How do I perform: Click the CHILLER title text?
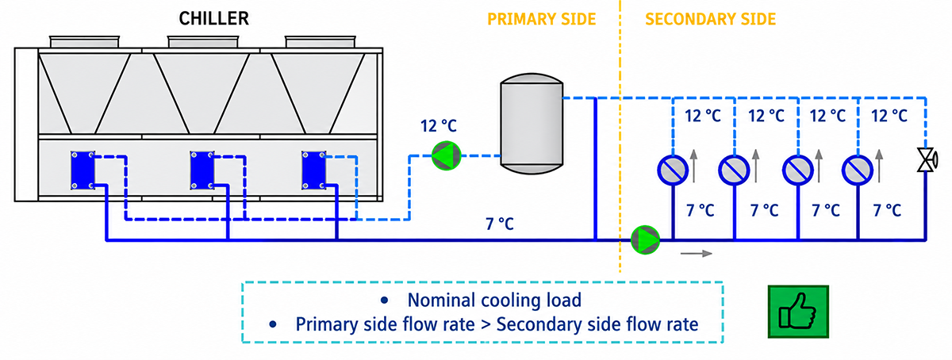[x=213, y=19]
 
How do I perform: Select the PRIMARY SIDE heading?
[x=541, y=19]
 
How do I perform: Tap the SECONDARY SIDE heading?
[x=711, y=19]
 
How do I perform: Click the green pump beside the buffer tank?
[x=446, y=155]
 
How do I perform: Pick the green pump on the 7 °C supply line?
[x=645, y=239]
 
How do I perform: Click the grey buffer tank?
[x=532, y=123]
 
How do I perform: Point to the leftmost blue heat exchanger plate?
[x=83, y=170]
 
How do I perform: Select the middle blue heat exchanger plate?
[x=202, y=170]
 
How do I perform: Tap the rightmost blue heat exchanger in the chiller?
[x=314, y=170]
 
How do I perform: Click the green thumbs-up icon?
[x=798, y=312]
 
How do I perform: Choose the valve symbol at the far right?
[x=927, y=160]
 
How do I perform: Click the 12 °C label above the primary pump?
[x=439, y=126]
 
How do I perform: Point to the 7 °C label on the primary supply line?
[x=500, y=224]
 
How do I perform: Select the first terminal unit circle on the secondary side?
[x=673, y=170]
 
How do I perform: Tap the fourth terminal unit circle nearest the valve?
[x=858, y=170]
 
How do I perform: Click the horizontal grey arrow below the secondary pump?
[x=697, y=254]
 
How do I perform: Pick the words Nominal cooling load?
[x=494, y=300]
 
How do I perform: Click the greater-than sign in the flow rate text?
[x=486, y=325]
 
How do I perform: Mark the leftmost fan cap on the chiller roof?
[x=84, y=42]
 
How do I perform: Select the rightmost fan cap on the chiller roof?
[x=320, y=42]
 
